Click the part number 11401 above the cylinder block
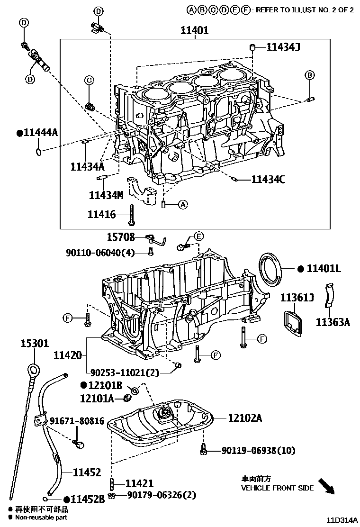click(x=195, y=31)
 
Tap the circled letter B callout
click(x=309, y=75)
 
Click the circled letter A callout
click(x=183, y=205)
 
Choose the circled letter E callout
click(x=198, y=236)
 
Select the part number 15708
click(x=121, y=237)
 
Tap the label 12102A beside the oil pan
click(x=245, y=418)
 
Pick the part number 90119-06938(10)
click(x=255, y=450)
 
